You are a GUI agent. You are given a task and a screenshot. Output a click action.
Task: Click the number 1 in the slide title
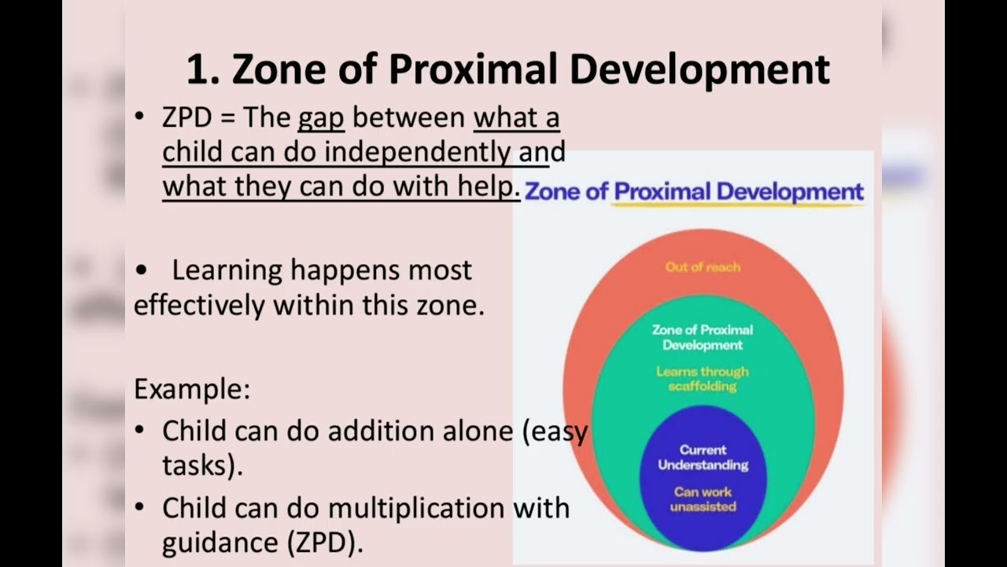coord(199,69)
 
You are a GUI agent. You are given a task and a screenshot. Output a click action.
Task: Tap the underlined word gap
coord(321,117)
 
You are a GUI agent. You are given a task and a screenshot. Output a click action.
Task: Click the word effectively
coord(199,305)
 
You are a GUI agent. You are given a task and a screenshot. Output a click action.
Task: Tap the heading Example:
coord(192,389)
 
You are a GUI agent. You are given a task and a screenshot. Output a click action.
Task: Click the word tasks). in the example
coord(202,465)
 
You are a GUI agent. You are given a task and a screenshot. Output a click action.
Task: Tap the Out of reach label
coord(703,267)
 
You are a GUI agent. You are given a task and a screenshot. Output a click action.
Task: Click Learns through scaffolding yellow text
coord(703,379)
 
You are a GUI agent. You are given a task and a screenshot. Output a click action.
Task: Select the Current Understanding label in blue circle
coord(703,458)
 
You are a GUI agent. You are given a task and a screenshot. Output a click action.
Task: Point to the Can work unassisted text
coord(703,499)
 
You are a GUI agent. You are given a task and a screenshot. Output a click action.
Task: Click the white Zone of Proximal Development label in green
coord(703,337)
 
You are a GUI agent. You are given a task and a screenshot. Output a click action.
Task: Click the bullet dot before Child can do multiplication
coord(140,508)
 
